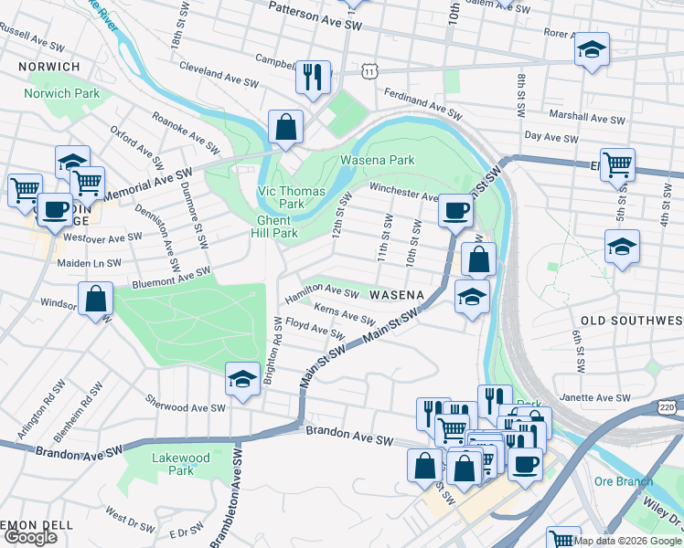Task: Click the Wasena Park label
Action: click(x=378, y=161)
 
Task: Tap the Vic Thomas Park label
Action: click(x=279, y=197)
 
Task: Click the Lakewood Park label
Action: click(x=181, y=464)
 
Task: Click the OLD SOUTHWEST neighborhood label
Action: click(x=631, y=321)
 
